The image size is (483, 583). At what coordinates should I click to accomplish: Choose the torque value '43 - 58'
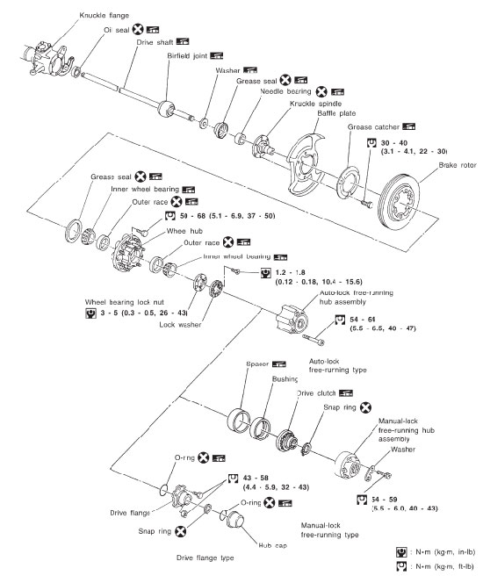(261, 479)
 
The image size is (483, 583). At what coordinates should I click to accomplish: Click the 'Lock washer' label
(182, 324)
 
